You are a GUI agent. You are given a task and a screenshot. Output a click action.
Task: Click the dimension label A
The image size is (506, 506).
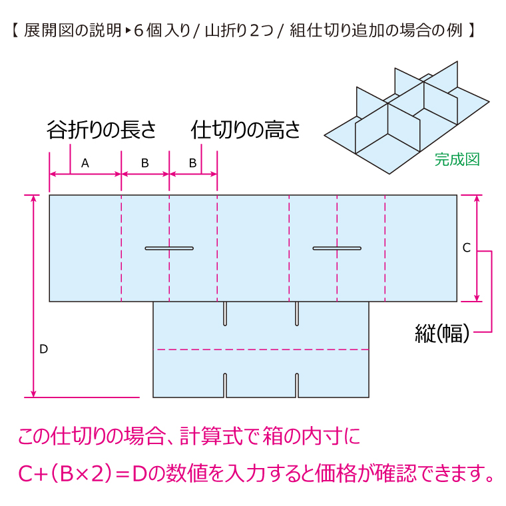[x=85, y=162]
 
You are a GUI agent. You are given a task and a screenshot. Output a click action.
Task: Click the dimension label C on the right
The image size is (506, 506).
[x=466, y=248]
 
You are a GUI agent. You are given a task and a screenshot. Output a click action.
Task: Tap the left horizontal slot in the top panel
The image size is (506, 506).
[x=169, y=248]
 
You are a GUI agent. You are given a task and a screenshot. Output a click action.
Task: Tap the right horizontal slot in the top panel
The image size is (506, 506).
[x=337, y=248]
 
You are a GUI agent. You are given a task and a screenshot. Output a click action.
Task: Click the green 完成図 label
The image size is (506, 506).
[x=457, y=159]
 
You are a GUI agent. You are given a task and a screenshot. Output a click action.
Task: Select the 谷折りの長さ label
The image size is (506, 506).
[x=101, y=130]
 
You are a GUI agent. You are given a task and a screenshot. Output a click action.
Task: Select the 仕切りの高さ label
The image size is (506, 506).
[x=246, y=130]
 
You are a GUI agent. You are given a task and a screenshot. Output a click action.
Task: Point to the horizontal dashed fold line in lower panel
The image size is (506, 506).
[x=262, y=349]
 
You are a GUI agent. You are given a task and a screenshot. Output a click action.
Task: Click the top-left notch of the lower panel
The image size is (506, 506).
[x=226, y=313]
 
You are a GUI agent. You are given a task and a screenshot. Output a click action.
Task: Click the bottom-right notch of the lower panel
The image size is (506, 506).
[x=297, y=385]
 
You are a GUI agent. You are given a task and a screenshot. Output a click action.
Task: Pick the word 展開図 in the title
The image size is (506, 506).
[x=41, y=31]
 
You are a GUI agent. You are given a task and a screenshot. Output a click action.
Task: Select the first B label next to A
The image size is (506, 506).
[x=145, y=162]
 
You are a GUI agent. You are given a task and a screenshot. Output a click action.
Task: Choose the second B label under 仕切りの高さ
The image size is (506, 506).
[x=192, y=162]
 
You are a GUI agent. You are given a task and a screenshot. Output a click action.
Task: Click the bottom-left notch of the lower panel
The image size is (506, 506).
[x=226, y=385]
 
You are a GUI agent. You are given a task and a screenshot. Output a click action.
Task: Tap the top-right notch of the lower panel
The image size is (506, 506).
[x=297, y=313]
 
